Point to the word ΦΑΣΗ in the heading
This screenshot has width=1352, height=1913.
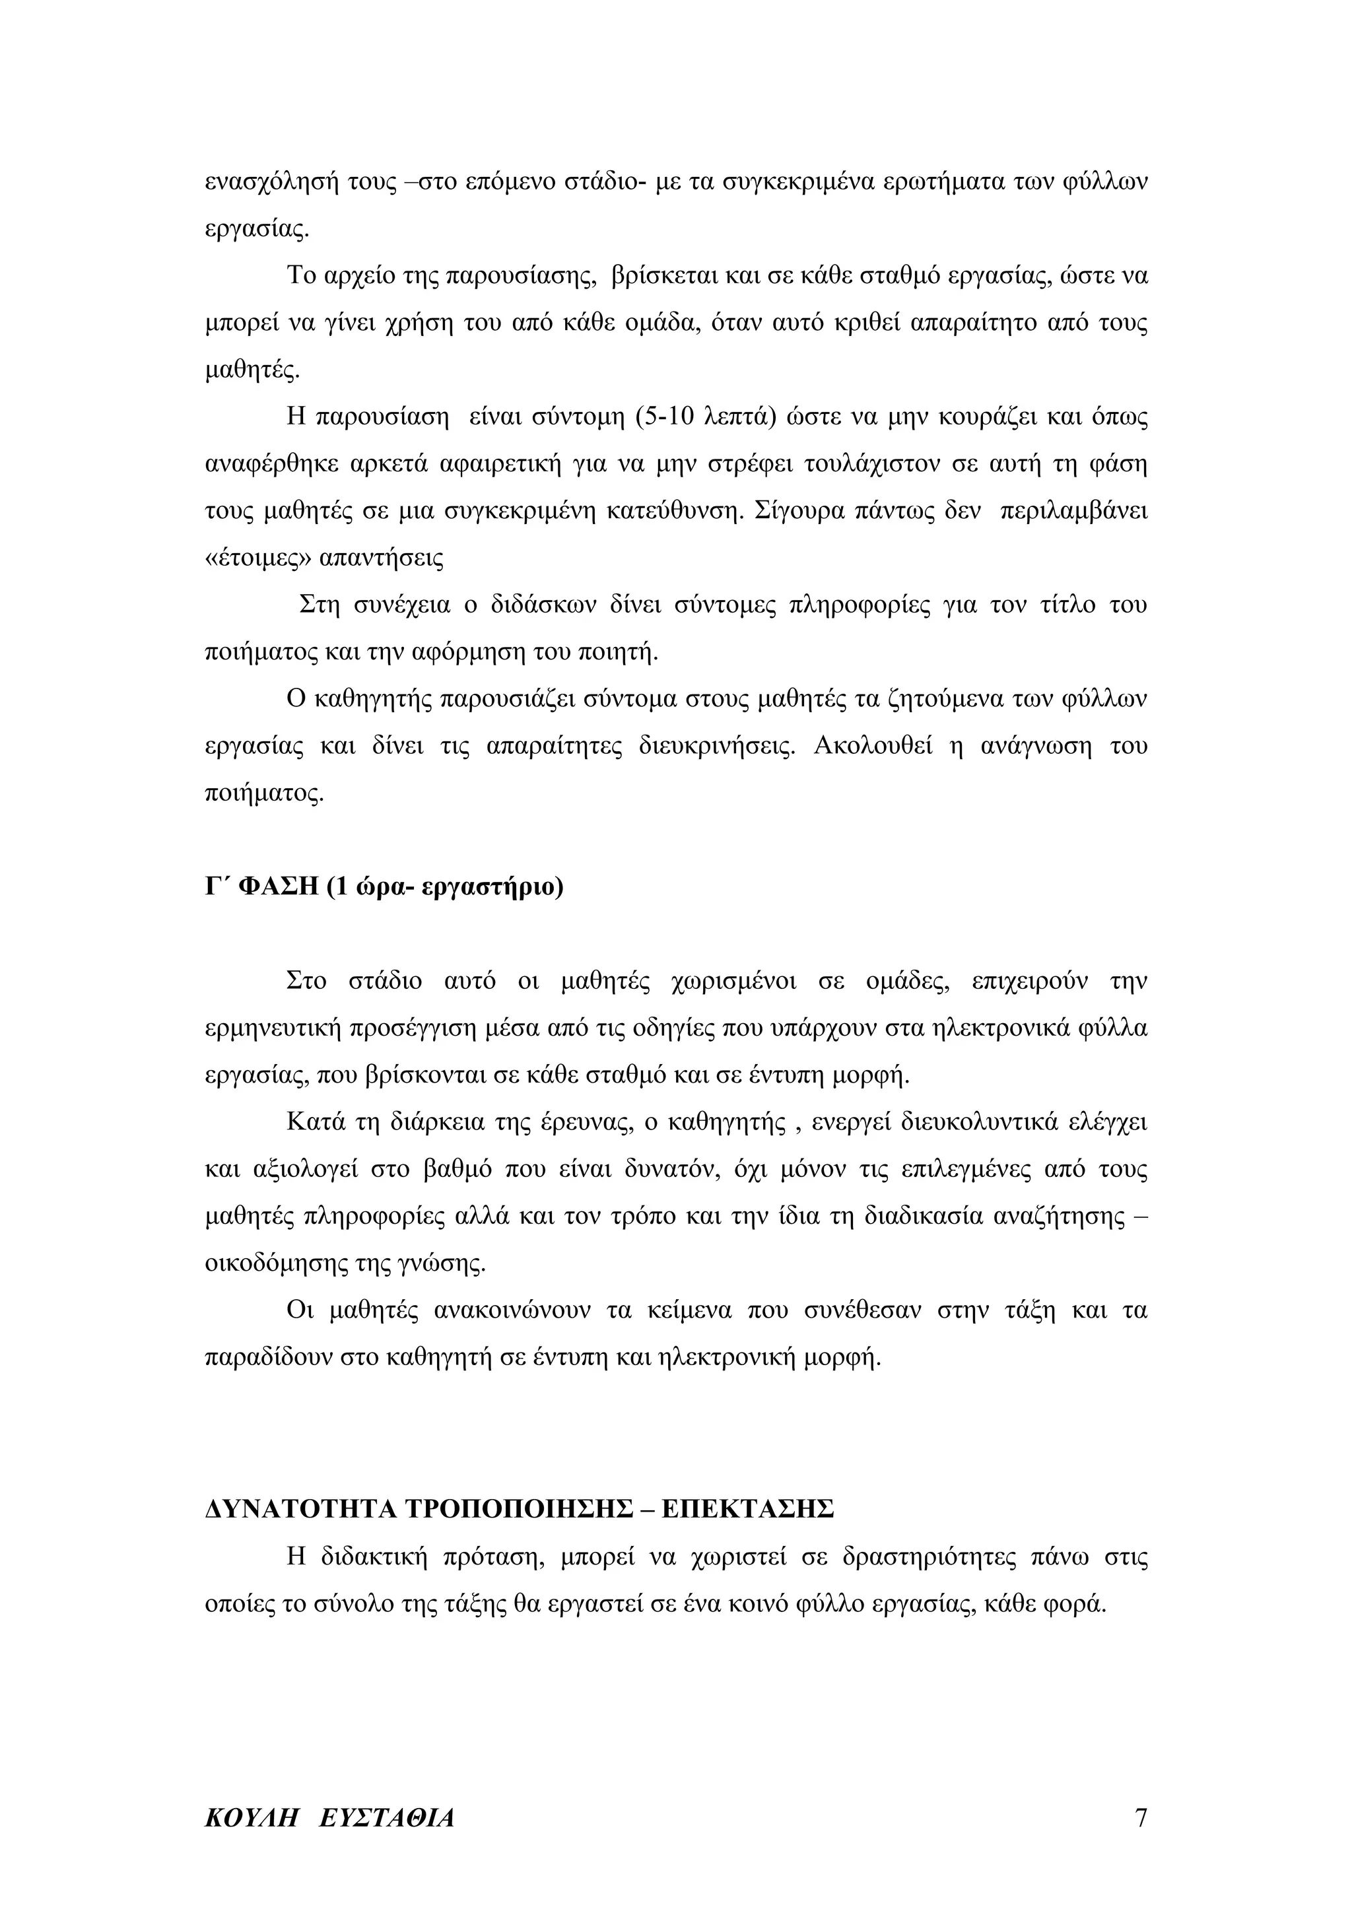(x=278, y=887)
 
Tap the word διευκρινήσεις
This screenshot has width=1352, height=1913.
(x=716, y=746)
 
